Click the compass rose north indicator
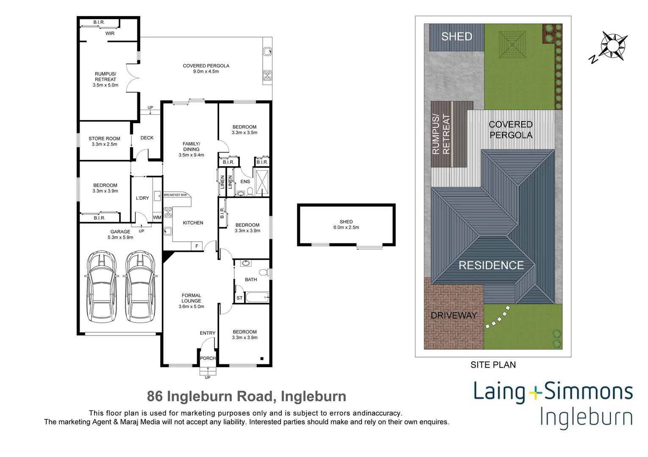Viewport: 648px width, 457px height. [x=613, y=45]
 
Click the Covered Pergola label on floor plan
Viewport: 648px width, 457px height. [x=206, y=69]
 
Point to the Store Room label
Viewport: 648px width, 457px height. [x=104, y=141]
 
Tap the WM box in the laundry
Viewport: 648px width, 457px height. [x=157, y=217]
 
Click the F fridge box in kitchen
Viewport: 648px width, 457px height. [x=196, y=246]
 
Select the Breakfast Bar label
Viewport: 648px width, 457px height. [x=175, y=195]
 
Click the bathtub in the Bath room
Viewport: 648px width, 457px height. [x=257, y=297]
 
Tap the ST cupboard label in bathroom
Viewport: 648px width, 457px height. [x=239, y=298]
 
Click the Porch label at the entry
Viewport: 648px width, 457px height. [x=208, y=358]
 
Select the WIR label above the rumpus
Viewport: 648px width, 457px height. [x=110, y=33]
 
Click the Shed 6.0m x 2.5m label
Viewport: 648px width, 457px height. [x=346, y=225]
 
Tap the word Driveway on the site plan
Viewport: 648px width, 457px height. [x=453, y=315]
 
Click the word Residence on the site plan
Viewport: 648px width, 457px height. [x=491, y=265]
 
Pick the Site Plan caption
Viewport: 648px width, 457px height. [x=493, y=365]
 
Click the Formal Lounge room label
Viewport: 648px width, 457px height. [x=191, y=301]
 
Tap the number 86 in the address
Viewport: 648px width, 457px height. [x=155, y=396]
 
